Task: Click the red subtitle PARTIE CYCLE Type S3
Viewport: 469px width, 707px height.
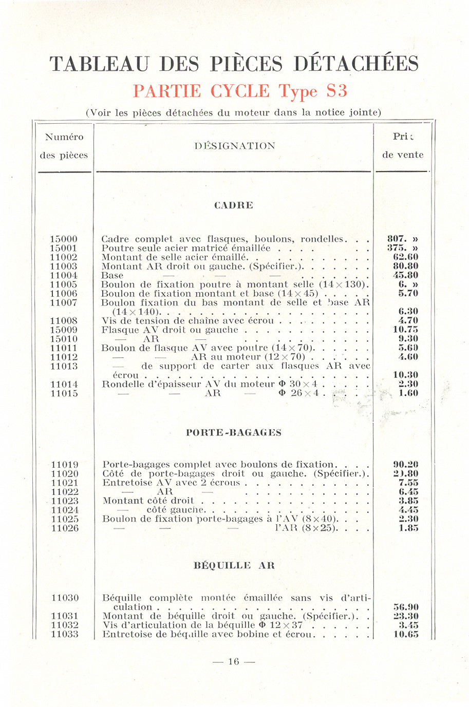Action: tap(240, 91)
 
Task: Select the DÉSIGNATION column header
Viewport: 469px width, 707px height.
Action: tap(235, 146)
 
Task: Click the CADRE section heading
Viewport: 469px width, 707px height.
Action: tap(234, 205)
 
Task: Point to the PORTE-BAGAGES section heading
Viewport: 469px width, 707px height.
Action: tap(234, 433)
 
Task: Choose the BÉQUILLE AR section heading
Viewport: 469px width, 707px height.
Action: tap(234, 566)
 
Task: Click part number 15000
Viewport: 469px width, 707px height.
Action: tap(64, 239)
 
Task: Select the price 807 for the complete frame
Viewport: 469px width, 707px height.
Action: tap(403, 239)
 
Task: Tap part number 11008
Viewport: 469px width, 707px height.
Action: tap(64, 321)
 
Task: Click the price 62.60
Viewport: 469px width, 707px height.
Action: tap(405, 257)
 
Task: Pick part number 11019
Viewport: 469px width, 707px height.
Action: tap(65, 465)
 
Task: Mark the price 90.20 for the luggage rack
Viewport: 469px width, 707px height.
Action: tap(405, 465)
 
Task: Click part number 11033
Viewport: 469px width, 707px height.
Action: tap(65, 635)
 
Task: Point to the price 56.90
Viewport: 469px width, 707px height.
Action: tap(405, 607)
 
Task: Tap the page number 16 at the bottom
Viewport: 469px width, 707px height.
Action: tap(234, 662)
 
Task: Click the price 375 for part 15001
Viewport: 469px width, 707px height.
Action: tap(403, 249)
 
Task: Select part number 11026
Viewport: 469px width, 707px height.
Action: tap(65, 528)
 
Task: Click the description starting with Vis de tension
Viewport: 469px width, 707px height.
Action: tap(187, 321)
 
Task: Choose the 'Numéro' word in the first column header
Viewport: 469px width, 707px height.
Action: tap(64, 137)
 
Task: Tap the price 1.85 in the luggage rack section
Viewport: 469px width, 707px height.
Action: tap(408, 528)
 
